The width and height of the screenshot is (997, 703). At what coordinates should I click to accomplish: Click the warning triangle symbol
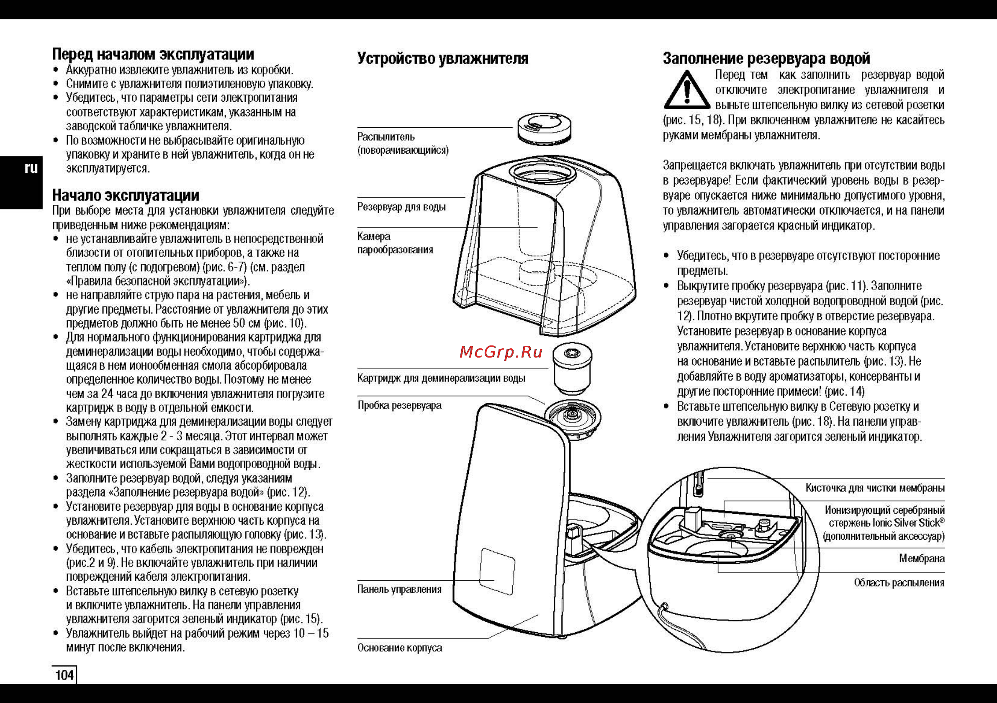686,90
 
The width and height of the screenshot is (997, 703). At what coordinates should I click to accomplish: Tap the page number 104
64,675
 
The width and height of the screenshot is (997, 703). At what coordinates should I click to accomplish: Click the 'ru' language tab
31,168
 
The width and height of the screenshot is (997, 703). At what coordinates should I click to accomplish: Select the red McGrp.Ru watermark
501,352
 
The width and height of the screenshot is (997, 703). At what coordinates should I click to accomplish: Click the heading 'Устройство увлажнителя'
442,59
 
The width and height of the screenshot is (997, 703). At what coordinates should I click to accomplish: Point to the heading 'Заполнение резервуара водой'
766,58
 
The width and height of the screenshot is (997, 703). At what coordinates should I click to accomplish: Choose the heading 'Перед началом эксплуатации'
153,54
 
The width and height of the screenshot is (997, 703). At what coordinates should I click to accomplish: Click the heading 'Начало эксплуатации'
126,195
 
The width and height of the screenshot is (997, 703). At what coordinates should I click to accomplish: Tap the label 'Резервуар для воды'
401,207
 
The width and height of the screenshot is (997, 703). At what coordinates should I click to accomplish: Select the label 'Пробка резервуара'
399,405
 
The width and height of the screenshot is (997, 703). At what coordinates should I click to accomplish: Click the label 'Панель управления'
399,589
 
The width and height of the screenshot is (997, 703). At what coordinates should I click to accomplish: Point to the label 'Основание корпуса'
399,648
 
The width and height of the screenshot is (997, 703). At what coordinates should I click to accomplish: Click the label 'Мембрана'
921,558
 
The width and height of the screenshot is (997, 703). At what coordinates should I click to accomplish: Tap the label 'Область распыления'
899,583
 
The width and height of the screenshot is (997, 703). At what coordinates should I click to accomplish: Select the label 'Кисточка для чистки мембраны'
874,488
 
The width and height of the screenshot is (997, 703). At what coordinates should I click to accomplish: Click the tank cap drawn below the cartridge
573,418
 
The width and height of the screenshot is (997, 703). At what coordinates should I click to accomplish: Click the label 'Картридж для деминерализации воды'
441,379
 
